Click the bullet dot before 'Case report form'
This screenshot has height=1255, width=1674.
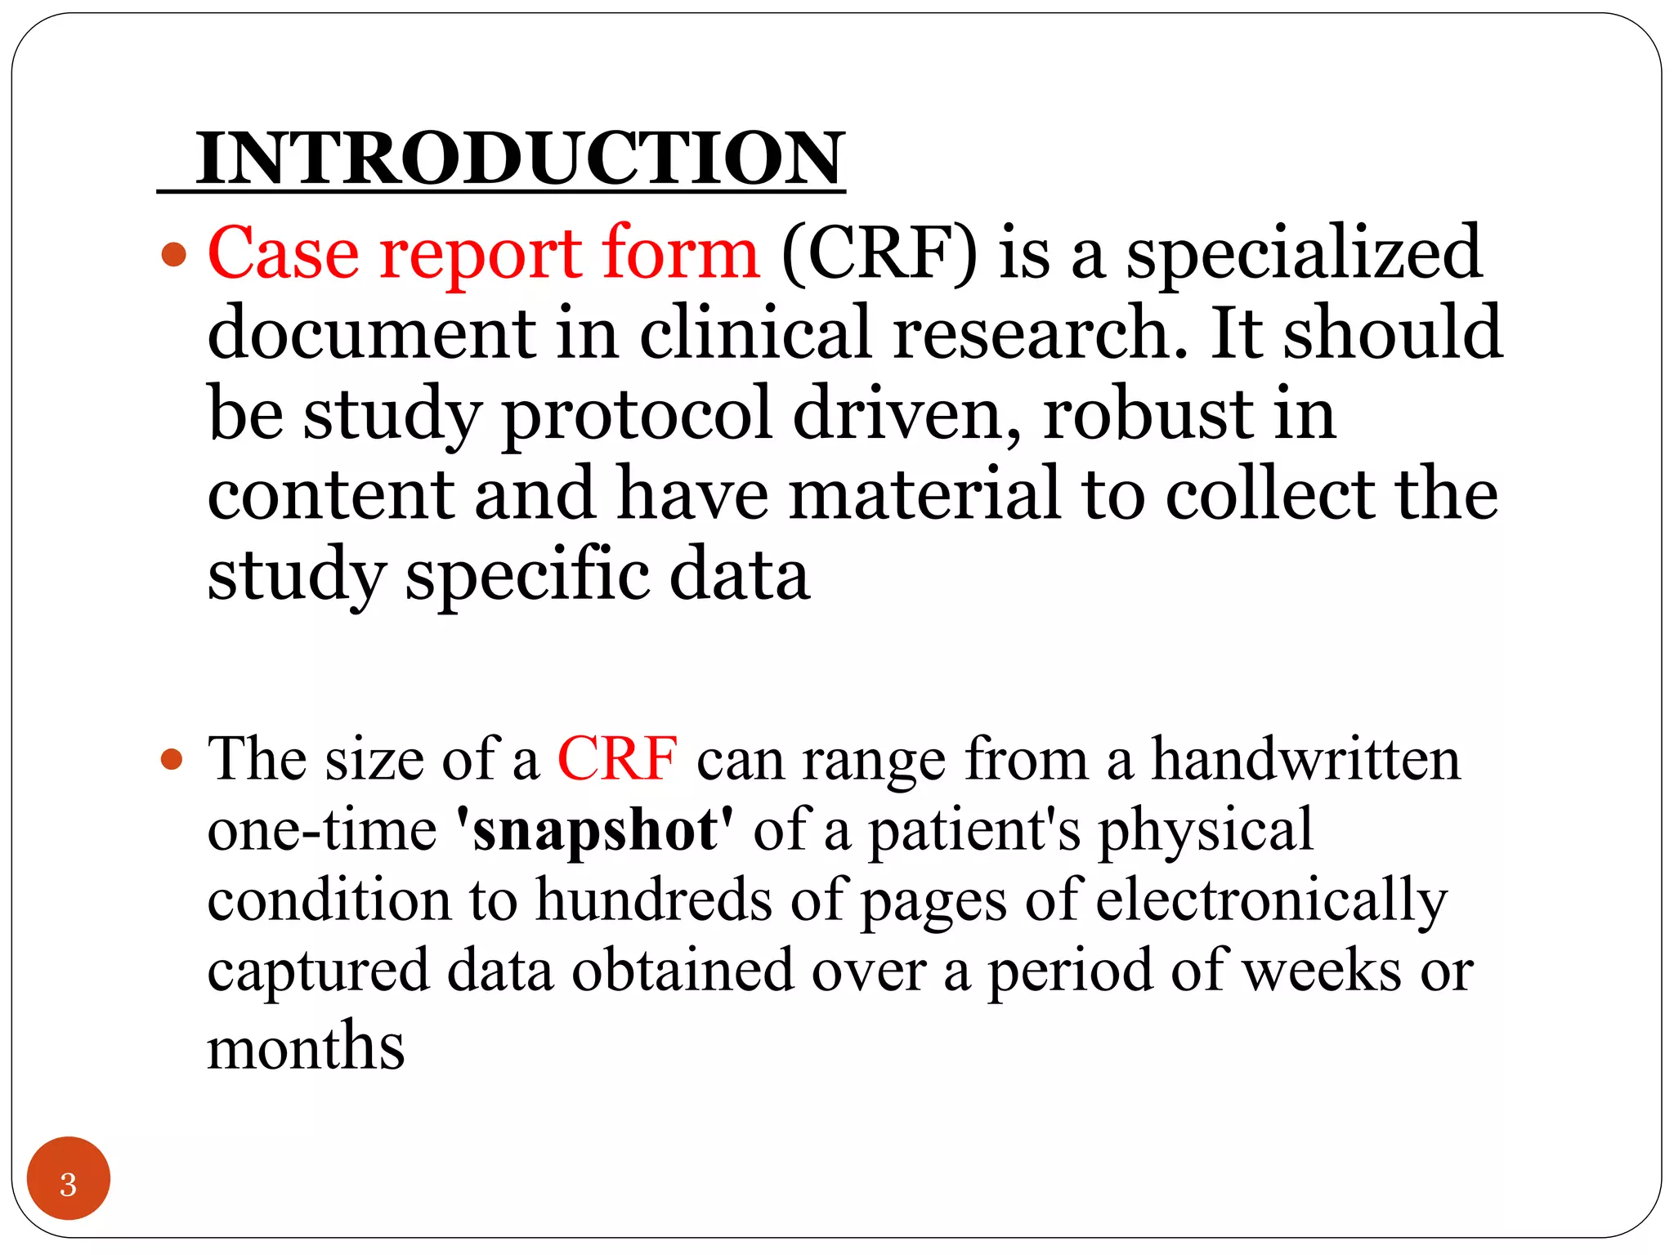(173, 256)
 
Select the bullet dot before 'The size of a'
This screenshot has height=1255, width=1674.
(172, 761)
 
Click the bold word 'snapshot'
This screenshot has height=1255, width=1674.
(594, 831)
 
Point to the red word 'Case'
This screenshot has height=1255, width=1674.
(283, 252)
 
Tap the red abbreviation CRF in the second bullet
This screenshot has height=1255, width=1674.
(617, 759)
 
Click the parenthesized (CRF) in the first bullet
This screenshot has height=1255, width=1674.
(879, 254)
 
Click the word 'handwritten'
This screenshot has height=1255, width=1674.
(1305, 759)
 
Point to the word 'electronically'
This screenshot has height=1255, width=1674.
(1271, 901)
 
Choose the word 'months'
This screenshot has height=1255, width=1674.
(306, 1047)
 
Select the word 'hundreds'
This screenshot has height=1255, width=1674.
(653, 900)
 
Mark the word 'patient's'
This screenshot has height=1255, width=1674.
(974, 831)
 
